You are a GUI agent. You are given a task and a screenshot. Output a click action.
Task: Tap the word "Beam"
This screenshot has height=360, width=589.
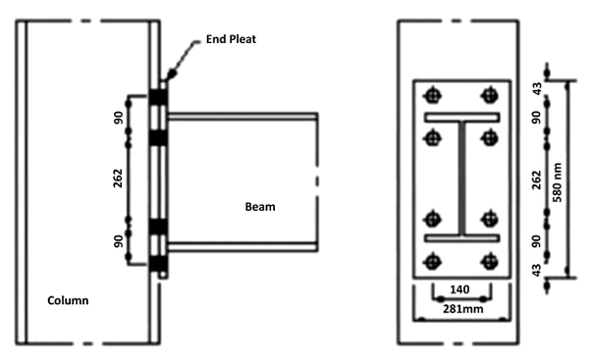260,207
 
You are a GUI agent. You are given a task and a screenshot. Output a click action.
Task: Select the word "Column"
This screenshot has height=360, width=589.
70,301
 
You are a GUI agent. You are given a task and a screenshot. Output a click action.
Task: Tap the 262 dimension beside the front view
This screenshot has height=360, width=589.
537,181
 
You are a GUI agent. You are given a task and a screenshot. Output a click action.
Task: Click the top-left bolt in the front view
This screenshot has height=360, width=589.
432,95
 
